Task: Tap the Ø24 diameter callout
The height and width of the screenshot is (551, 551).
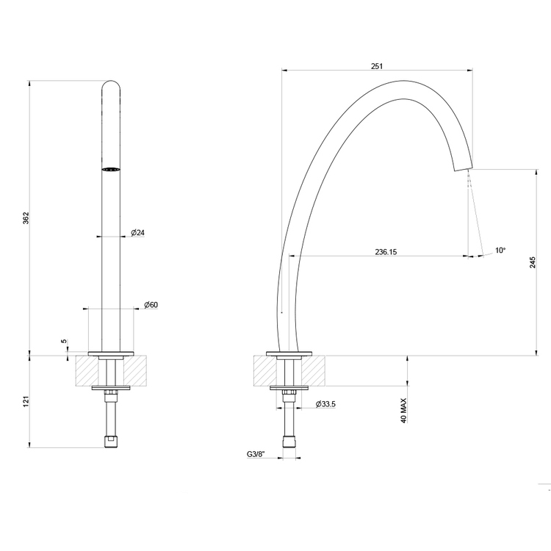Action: click(x=137, y=233)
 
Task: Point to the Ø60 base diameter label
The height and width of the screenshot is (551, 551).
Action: click(x=151, y=304)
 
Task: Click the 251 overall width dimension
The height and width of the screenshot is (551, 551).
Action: click(x=377, y=66)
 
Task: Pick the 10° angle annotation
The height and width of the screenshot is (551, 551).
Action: click(x=500, y=251)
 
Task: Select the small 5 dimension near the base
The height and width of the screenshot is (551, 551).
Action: click(x=64, y=342)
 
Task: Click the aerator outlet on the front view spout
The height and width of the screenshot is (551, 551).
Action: click(x=111, y=170)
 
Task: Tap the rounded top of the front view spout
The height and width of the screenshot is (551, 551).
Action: click(x=111, y=85)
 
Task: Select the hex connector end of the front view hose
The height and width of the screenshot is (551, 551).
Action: click(x=111, y=441)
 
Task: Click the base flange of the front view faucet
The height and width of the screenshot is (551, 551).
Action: click(x=111, y=353)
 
